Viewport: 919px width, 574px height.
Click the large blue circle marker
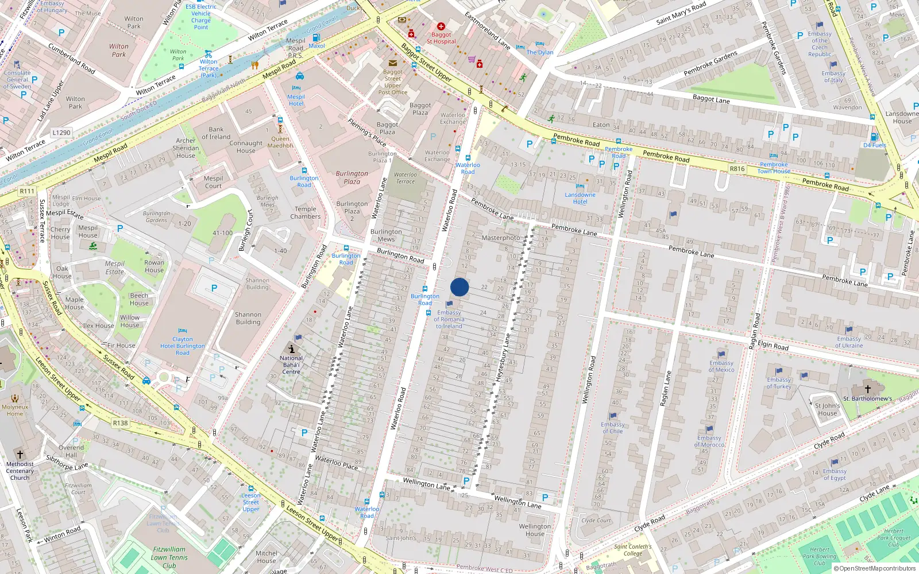tap(459, 287)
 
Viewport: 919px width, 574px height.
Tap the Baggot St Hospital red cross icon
tap(441, 26)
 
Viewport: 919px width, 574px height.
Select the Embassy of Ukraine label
tap(849, 342)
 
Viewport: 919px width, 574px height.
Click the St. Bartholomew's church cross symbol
tap(867, 389)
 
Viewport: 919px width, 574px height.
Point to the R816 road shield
tap(737, 169)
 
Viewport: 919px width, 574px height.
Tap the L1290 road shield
tap(61, 133)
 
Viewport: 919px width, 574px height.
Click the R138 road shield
tap(120, 423)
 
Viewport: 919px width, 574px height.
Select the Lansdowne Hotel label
tap(580, 198)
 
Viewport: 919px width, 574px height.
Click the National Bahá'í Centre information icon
tap(291, 349)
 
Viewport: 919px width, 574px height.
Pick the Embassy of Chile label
tap(612, 428)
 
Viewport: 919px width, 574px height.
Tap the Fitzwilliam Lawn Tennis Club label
tap(169, 557)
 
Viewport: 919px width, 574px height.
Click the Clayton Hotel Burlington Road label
tap(183, 346)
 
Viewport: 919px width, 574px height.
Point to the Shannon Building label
tap(248, 318)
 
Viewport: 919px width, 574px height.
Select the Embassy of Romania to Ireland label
tap(449, 319)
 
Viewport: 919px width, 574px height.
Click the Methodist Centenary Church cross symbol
tap(20, 454)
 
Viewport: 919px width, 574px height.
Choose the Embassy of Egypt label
tap(835, 474)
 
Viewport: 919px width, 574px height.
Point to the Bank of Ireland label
tap(216, 133)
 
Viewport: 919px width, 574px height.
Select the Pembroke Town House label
tap(773, 168)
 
